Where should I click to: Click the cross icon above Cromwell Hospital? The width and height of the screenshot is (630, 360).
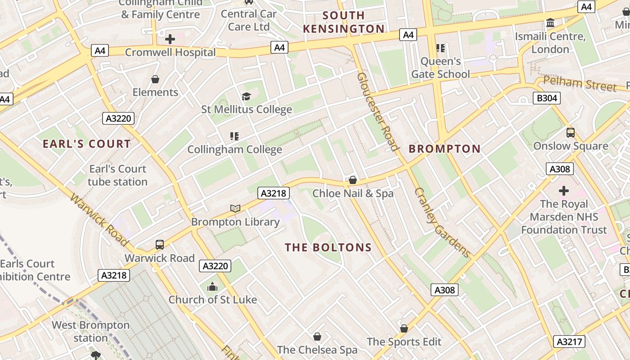pos(170,39)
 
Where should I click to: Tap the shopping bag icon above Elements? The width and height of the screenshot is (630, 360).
pos(155,79)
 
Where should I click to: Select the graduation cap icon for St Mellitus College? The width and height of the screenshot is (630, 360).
pos(246,96)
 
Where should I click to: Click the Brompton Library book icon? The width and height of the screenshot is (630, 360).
pos(235,208)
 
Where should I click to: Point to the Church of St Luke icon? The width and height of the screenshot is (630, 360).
pos(212,287)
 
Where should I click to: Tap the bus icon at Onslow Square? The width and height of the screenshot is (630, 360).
pos(571,133)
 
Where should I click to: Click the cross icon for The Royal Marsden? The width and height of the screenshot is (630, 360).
pos(563,191)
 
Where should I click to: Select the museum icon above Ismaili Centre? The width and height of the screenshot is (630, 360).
pos(550,23)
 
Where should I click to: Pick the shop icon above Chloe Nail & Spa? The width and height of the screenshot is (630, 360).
pos(353,180)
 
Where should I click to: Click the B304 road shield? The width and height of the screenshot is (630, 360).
pos(547,98)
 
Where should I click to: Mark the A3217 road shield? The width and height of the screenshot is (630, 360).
pos(569,342)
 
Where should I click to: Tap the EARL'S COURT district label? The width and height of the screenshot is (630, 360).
pos(87,144)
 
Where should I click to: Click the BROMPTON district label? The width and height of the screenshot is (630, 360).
pos(445,149)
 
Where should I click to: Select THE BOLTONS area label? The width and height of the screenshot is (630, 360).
pos(328,247)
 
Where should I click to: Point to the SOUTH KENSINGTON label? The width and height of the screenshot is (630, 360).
pos(344,22)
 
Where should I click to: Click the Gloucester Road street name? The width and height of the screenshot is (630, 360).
pos(378,112)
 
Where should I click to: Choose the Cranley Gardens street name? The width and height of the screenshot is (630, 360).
pos(442,223)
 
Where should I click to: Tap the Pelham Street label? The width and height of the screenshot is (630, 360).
pos(580,84)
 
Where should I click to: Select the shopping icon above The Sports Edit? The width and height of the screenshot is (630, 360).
pos(404,328)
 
